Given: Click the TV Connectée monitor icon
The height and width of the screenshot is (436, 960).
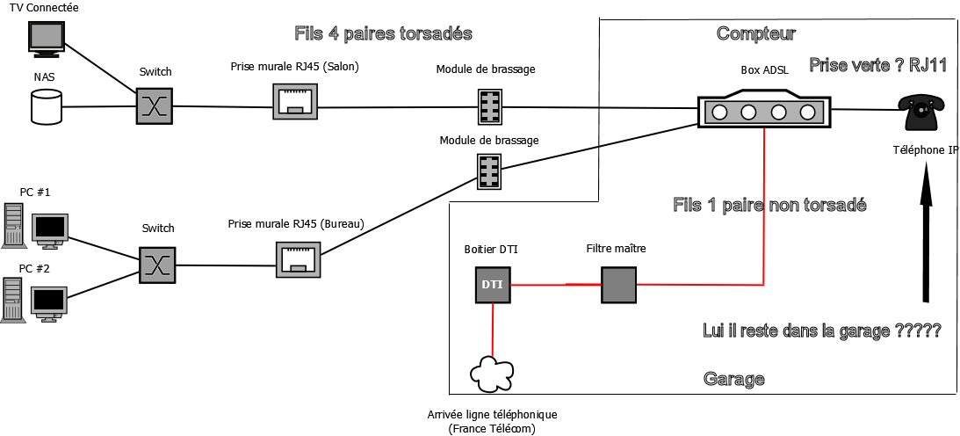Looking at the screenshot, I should [46, 36].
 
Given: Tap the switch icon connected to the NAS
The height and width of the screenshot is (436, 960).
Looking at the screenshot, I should [155, 106].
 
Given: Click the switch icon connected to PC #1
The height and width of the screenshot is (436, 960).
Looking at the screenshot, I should [155, 265].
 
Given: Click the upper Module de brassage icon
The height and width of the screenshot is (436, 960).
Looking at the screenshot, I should [490, 107].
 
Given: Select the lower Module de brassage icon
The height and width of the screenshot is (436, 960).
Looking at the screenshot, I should [490, 171].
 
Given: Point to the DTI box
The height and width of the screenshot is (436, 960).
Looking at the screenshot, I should [490, 284].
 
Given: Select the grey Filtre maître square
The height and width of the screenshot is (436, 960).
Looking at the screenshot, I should [617, 284].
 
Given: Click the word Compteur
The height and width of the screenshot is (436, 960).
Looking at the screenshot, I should [756, 34].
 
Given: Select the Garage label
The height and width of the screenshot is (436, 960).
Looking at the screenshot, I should [733, 379].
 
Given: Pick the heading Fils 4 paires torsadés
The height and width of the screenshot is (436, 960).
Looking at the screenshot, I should [384, 34].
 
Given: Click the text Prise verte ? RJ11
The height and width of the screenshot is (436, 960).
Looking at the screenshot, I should [877, 66].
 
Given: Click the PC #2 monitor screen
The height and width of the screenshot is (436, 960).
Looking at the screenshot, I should [49, 300].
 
